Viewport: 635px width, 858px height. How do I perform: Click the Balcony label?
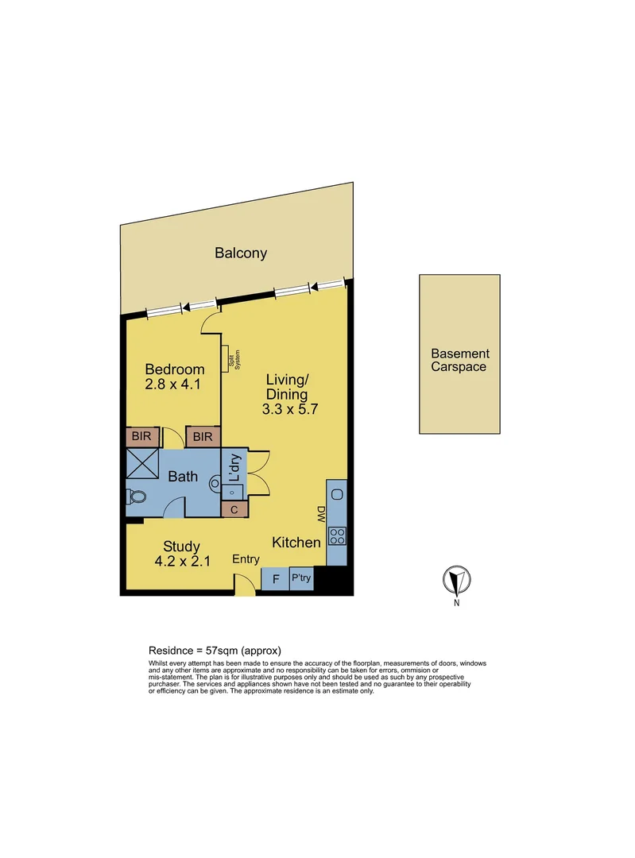[x=240, y=254]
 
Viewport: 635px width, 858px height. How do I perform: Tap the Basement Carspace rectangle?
[x=459, y=354]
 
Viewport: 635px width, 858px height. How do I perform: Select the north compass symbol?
[x=457, y=582]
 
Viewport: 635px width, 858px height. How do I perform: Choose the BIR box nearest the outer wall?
[x=143, y=436]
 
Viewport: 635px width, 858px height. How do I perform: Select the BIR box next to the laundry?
[x=203, y=436]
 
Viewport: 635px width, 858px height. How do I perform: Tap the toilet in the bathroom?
[x=137, y=498]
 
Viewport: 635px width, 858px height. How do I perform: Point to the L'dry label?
[x=234, y=469]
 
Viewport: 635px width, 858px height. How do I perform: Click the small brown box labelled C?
[x=234, y=509]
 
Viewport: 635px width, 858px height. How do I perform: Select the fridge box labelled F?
[x=276, y=579]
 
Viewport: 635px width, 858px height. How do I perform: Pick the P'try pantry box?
[x=301, y=579]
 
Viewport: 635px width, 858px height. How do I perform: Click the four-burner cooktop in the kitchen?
[x=336, y=535]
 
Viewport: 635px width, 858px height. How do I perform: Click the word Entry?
[x=246, y=559]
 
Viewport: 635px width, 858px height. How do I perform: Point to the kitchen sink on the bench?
[x=336, y=495]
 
